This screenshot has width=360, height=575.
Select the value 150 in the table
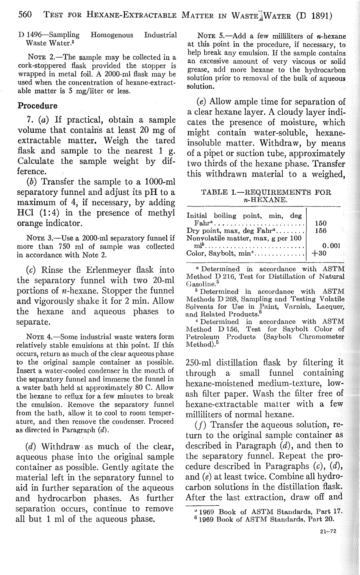pyautogui.click(x=321, y=223)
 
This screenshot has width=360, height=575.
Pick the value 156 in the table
pyautogui.click(x=321, y=230)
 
